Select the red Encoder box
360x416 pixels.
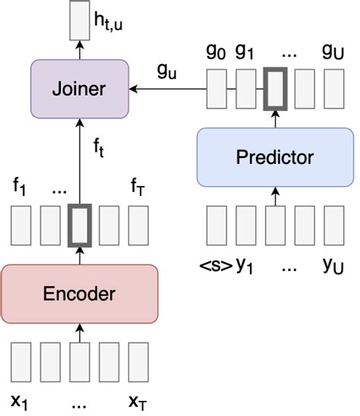click(x=80, y=294)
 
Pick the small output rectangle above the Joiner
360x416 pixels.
click(x=78, y=20)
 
